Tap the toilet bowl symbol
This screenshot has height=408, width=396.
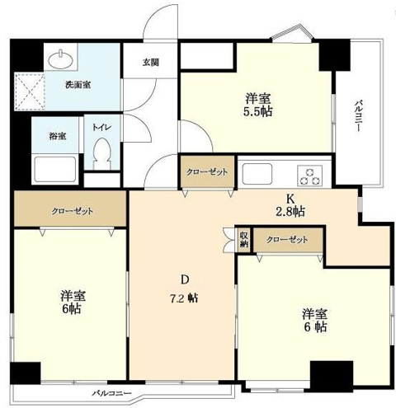(x=101, y=154)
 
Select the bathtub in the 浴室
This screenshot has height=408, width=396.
(x=55, y=169)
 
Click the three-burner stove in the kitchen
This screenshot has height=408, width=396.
(x=310, y=176)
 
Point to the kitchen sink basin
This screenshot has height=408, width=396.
(x=257, y=174)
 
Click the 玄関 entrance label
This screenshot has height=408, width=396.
(x=150, y=63)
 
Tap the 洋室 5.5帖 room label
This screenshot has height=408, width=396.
(x=258, y=105)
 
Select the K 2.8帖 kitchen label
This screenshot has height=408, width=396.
(x=290, y=205)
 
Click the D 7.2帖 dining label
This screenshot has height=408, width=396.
(x=184, y=289)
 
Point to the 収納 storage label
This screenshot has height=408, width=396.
(x=243, y=240)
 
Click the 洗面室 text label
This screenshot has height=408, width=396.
(x=78, y=85)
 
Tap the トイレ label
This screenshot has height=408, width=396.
(x=101, y=128)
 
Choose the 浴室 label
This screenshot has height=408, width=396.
(x=58, y=136)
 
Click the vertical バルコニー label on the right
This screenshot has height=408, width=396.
(x=358, y=116)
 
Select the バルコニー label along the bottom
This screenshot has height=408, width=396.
(x=111, y=393)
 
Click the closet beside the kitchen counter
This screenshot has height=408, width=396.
(x=207, y=172)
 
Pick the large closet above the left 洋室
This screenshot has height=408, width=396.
(x=70, y=209)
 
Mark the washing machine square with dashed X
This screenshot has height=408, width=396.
(x=30, y=91)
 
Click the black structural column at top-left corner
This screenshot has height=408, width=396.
(x=26, y=55)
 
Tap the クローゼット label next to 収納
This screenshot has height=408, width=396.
(x=287, y=240)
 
